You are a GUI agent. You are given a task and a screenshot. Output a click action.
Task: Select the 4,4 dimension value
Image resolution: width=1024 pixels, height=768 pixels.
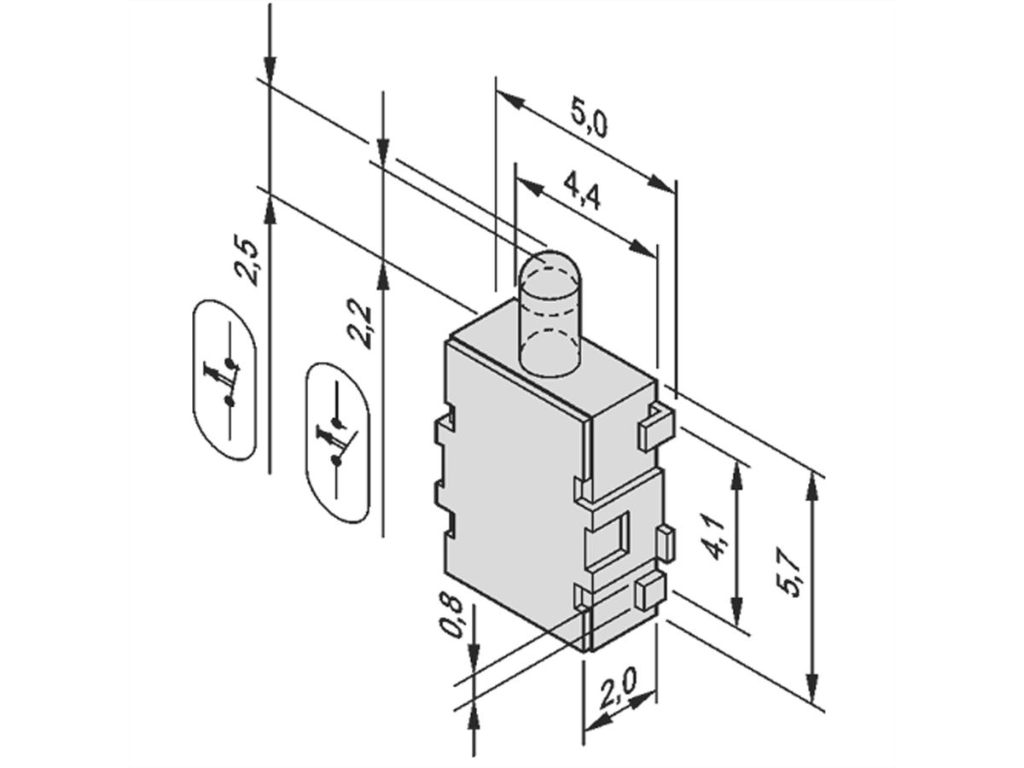[x=584, y=197]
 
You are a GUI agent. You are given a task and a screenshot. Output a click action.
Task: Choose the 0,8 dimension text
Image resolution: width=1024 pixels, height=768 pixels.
[x=453, y=616]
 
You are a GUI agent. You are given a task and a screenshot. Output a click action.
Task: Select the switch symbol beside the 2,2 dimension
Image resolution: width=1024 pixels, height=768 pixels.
[x=338, y=441]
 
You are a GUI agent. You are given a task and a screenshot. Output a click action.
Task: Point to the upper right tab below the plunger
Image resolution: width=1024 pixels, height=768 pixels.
[x=656, y=427]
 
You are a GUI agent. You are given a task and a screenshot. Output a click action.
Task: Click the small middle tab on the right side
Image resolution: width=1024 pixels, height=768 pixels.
[x=666, y=543]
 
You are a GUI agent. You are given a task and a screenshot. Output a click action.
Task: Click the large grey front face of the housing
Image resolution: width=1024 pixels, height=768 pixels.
[x=512, y=495]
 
